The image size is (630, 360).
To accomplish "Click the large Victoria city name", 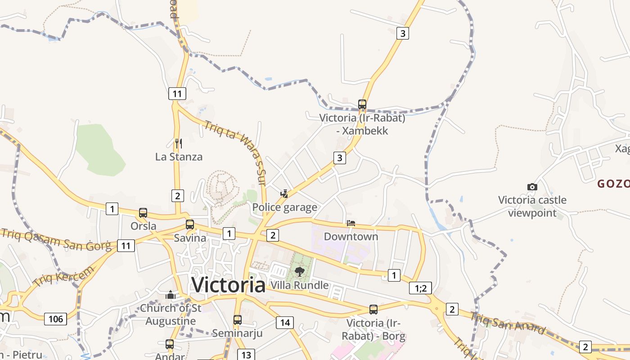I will click(228, 284).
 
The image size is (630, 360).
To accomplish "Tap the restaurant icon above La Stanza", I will click(179, 144).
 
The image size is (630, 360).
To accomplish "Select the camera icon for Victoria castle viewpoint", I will click(532, 187).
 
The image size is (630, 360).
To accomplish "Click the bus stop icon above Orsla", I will click(143, 213).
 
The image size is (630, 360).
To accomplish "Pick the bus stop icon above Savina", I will click(190, 225).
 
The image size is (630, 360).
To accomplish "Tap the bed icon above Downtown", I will click(351, 223).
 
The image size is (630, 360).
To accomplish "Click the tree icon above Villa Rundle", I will click(299, 272).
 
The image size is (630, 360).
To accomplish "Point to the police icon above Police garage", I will click(284, 194).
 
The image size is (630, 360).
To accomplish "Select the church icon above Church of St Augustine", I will click(171, 295).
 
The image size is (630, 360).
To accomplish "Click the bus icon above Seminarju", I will click(237, 320).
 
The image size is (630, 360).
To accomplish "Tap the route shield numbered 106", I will click(56, 319).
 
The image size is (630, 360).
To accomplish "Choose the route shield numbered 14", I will click(285, 322).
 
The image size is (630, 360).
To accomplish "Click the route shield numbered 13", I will click(246, 355).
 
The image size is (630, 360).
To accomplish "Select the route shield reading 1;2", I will click(420, 288).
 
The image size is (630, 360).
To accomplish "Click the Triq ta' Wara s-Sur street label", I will click(236, 152).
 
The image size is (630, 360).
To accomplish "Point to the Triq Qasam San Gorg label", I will click(56, 239).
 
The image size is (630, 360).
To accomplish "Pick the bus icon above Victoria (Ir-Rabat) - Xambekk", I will click(362, 104).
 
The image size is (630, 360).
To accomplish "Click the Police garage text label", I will click(284, 207).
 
